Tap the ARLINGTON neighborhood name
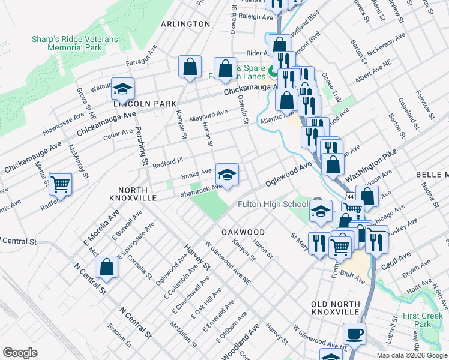186,24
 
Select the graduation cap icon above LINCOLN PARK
122,89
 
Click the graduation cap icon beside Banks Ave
227,175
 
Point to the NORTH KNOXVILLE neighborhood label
133,192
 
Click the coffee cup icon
354,333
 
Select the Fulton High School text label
272,204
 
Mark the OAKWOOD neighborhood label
243,232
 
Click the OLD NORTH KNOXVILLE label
336,309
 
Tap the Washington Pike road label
368,162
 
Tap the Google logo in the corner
20,353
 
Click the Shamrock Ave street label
202,190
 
